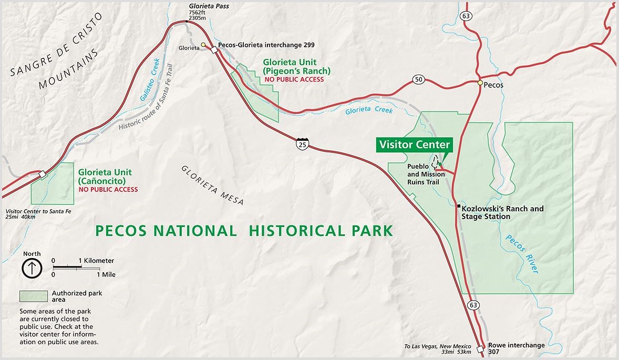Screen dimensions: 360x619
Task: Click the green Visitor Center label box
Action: [x=414, y=145]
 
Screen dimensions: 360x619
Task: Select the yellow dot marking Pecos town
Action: [x=480, y=83]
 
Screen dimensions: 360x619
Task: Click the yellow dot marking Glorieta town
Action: [x=203, y=45]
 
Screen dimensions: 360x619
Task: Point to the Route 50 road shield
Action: [x=418, y=79]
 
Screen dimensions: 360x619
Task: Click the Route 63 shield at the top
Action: [x=466, y=16]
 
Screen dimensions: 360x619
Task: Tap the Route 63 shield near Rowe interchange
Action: [x=473, y=305]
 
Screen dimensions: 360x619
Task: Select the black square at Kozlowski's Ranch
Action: [x=459, y=206]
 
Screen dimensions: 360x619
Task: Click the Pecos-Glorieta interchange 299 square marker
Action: [x=214, y=50]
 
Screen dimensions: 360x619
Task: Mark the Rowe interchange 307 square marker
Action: [x=480, y=349]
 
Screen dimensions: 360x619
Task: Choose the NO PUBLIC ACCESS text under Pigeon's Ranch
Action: [x=294, y=79]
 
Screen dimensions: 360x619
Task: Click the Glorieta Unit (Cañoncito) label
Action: [x=105, y=176]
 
